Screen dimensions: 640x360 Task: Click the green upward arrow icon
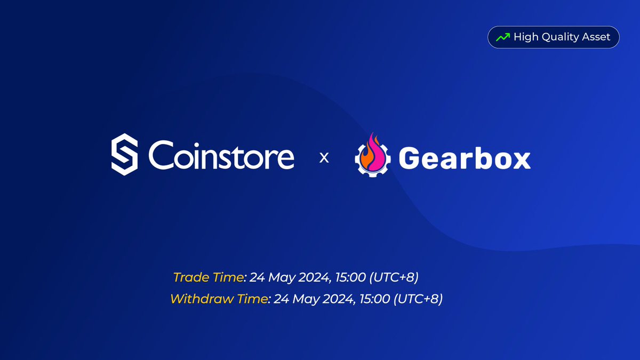coord(503,37)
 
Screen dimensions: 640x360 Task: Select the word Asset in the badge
coord(596,37)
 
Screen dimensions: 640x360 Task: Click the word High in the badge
coord(526,37)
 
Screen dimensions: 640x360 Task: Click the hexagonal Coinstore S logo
coord(125,154)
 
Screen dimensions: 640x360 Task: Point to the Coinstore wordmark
coord(221,155)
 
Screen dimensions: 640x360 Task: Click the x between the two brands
coord(324,158)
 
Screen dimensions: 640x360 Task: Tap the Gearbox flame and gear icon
coord(373,155)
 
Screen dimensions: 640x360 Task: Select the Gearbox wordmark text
coord(465,158)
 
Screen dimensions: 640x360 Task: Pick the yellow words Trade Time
coord(209,277)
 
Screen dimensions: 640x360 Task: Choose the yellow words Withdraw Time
coord(219,299)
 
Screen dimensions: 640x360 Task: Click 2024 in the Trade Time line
coord(314,277)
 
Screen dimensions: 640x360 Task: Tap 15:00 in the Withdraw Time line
coord(375,299)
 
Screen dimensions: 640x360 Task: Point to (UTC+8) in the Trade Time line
coord(394,277)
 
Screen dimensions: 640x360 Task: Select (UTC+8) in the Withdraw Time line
coord(418,299)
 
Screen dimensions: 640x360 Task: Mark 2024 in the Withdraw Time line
coord(338,299)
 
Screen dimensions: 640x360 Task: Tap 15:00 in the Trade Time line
coord(350,277)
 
